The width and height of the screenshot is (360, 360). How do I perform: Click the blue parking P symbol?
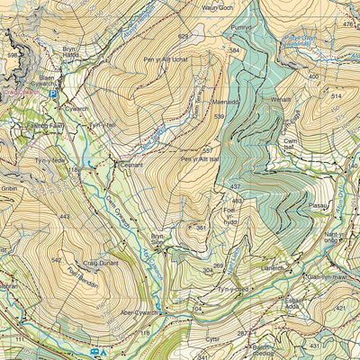pyautogui.click(x=52, y=94)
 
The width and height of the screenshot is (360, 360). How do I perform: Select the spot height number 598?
pyautogui.click(x=13, y=56)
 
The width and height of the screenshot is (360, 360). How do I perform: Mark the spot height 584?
pyautogui.click(x=235, y=51)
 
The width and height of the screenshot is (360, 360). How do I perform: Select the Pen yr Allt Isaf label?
pyautogui.click(x=200, y=160)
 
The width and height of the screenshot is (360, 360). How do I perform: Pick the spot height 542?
pyautogui.click(x=56, y=261)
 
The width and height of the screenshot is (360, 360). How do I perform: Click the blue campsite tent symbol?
pyautogui.click(x=103, y=352)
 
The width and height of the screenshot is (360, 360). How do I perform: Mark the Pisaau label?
pyautogui.click(x=318, y=206)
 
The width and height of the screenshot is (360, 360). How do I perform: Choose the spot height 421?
pyautogui.click(x=342, y=309)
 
